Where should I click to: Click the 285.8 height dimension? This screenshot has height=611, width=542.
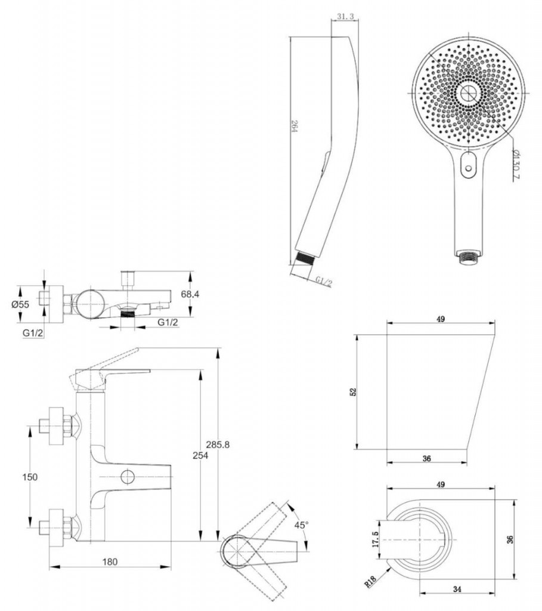(x=218, y=444)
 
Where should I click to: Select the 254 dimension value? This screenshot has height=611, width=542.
(x=200, y=455)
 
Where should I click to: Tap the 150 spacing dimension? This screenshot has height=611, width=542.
(x=30, y=477)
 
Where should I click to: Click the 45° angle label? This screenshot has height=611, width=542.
(x=301, y=525)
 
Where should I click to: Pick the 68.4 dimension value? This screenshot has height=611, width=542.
(x=190, y=294)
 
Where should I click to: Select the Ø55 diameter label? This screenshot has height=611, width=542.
(x=20, y=305)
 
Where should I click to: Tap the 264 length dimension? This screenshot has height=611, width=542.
(x=295, y=126)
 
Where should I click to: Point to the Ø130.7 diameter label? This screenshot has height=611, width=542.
(x=516, y=163)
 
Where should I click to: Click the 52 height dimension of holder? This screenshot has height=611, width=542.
(x=353, y=392)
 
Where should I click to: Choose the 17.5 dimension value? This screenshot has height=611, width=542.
(x=376, y=539)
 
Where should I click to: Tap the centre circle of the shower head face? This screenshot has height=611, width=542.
(x=468, y=93)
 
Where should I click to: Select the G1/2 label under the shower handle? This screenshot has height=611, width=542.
(x=324, y=281)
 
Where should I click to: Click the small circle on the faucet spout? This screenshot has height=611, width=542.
(x=128, y=477)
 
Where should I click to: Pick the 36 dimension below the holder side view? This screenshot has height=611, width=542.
(x=427, y=459)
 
